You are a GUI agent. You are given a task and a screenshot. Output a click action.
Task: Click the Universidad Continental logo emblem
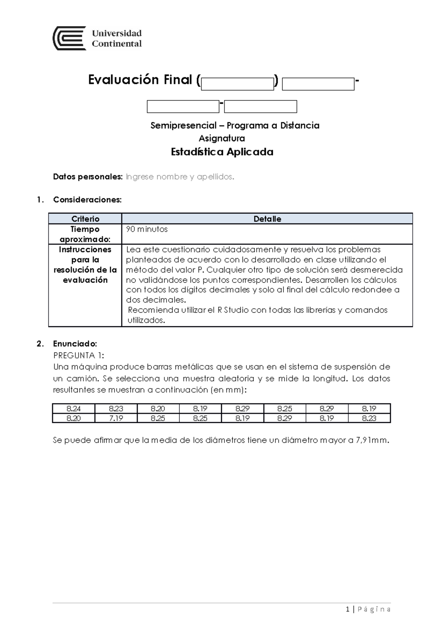click(x=69, y=38)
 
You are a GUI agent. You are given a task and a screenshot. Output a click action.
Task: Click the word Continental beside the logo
click(x=117, y=44)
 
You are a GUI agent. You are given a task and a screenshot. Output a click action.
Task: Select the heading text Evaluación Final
click(x=140, y=80)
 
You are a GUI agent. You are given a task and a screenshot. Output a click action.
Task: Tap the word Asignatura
click(x=222, y=138)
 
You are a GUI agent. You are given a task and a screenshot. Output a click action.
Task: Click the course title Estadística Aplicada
click(x=222, y=152)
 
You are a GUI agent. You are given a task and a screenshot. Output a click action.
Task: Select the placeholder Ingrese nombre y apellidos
click(x=180, y=177)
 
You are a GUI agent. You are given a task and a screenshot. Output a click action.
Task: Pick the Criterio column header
click(x=85, y=219)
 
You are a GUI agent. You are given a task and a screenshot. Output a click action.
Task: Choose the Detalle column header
click(x=267, y=219)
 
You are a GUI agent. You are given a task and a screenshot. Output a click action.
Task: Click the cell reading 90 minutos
click(x=147, y=229)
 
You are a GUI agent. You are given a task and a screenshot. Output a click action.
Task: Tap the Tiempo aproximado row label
click(x=85, y=234)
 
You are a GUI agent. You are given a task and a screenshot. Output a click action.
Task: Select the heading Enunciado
click(x=75, y=344)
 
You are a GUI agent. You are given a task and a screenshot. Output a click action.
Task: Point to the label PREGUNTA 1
click(x=79, y=355)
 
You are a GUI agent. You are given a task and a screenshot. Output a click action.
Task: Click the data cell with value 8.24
click(x=73, y=408)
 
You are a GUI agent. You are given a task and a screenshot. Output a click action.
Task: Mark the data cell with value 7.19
click(x=116, y=418)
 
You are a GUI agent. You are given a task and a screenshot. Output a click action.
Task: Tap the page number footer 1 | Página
click(x=368, y=609)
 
